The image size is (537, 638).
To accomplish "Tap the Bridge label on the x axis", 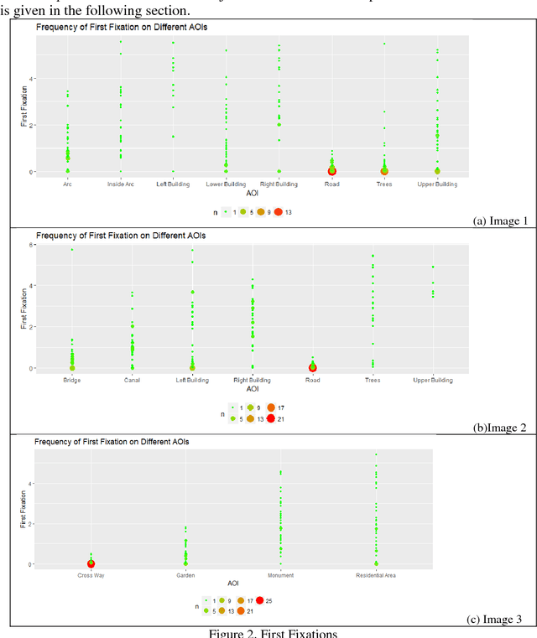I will pyautogui.click(x=72, y=381).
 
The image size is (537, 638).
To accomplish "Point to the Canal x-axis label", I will pyautogui.click(x=132, y=381).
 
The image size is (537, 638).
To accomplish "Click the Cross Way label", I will pyautogui.click(x=91, y=576).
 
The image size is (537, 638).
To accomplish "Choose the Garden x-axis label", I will pyautogui.click(x=185, y=576).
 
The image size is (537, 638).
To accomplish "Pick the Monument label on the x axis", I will pyautogui.click(x=280, y=576).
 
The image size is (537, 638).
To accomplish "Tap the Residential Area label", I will pyautogui.click(x=375, y=576).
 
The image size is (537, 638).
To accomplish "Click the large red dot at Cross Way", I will pyautogui.click(x=91, y=564).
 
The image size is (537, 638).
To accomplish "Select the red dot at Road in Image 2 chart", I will pyautogui.click(x=312, y=367).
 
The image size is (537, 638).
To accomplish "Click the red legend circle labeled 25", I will pyautogui.click(x=260, y=599).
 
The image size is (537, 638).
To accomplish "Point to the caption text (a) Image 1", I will pyautogui.click(x=502, y=221).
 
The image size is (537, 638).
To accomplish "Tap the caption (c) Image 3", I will pyautogui.click(x=502, y=620).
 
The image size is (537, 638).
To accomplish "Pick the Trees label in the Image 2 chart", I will pyautogui.click(x=373, y=381).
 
